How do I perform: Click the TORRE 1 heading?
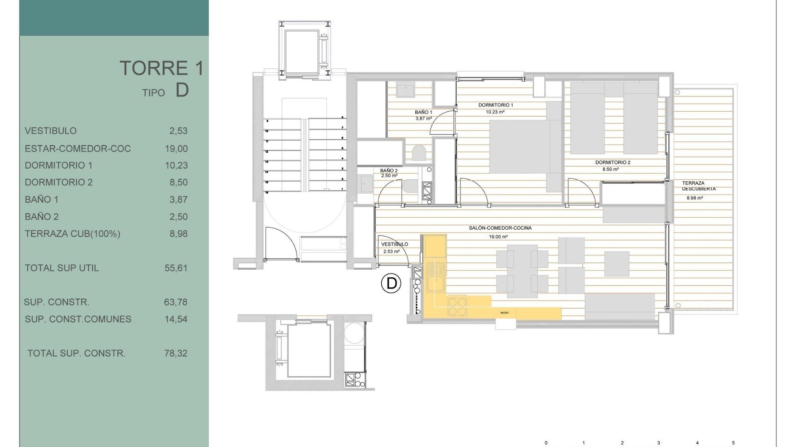[x=162, y=68]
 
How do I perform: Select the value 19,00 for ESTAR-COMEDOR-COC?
[x=176, y=149]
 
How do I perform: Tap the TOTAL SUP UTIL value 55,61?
[x=176, y=268]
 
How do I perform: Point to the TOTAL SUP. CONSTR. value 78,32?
[x=176, y=353]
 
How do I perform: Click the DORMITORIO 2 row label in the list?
[x=59, y=183]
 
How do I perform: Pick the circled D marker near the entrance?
[x=391, y=284]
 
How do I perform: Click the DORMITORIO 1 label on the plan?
[x=496, y=105]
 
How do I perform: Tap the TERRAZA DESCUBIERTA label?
[x=699, y=186]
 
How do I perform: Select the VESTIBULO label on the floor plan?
[x=394, y=244]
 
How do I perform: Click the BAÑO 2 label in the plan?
[x=389, y=171]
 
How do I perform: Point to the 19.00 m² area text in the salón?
[x=498, y=237]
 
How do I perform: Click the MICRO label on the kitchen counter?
[x=504, y=313]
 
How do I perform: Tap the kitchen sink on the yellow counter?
[x=436, y=284]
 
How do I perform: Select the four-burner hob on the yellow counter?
[x=457, y=307]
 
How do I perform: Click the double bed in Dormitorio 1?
[x=520, y=147]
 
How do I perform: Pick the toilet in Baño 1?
[x=419, y=152]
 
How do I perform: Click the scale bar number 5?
[x=733, y=443]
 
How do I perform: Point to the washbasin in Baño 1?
[x=405, y=89]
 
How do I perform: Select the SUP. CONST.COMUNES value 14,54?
[x=176, y=320]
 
